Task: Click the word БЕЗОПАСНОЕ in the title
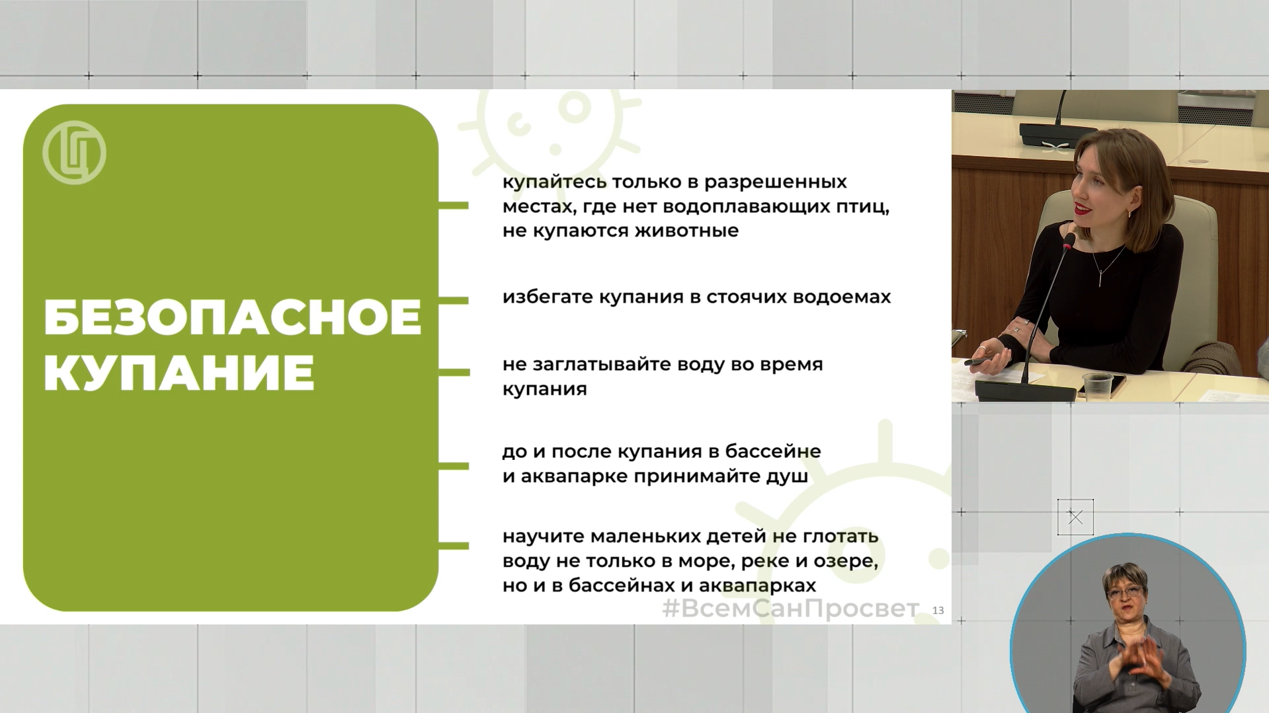click(232, 318)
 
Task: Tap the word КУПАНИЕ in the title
click(179, 373)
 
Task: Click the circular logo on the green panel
click(74, 153)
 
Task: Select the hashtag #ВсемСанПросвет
click(790, 609)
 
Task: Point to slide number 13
click(938, 611)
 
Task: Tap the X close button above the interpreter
click(1075, 517)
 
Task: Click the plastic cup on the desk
click(1098, 387)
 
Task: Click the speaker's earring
click(1128, 213)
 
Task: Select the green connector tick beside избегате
click(454, 301)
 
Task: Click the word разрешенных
click(775, 182)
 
